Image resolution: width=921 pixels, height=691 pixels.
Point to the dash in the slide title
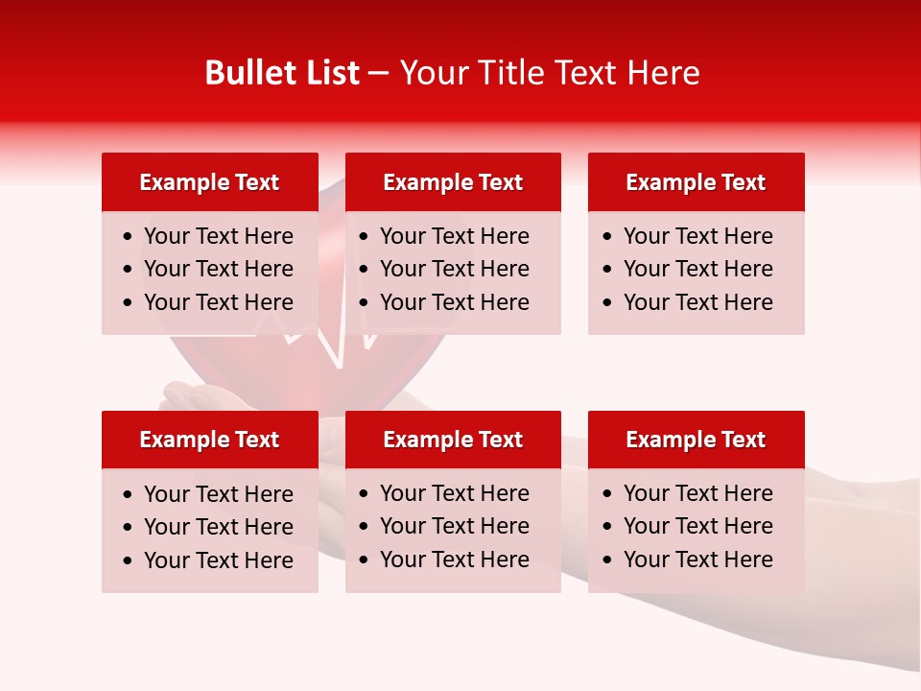coord(379,74)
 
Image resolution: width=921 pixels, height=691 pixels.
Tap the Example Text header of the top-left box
coord(209,182)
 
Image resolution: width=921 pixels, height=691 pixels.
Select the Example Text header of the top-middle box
coord(453,182)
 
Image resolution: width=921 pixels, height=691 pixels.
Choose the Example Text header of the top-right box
coord(696,182)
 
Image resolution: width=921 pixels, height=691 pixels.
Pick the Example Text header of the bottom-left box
coord(209,440)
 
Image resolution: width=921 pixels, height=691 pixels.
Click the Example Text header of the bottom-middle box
coord(453,440)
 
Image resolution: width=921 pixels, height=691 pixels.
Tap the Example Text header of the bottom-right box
coord(696,440)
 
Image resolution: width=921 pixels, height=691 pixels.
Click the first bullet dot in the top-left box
coord(129,237)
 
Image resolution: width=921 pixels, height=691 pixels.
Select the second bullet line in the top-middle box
coord(454,269)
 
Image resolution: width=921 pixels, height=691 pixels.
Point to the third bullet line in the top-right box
coord(697,302)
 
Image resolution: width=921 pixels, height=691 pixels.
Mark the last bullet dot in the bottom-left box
coord(129,560)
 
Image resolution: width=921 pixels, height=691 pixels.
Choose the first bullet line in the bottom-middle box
coord(454,493)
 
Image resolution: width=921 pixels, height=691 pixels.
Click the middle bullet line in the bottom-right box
coord(697,526)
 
